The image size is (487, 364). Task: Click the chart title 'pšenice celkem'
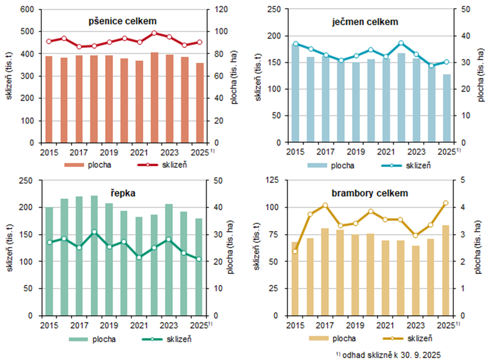click(x=121, y=21)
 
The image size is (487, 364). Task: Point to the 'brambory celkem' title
click(x=363, y=193)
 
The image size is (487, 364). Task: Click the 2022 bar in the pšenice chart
click(x=154, y=97)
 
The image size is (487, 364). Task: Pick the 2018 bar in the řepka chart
click(x=94, y=255)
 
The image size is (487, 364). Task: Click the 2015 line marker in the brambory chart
click(x=295, y=252)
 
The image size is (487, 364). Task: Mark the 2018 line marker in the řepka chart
click(x=94, y=232)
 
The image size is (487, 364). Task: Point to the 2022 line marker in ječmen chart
click(x=401, y=43)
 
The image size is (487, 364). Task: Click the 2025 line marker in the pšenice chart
click(x=199, y=42)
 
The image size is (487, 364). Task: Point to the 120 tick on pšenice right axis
click(x=217, y=9)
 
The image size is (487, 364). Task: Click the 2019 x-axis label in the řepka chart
click(x=109, y=325)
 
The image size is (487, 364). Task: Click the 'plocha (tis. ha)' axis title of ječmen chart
click(x=479, y=76)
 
